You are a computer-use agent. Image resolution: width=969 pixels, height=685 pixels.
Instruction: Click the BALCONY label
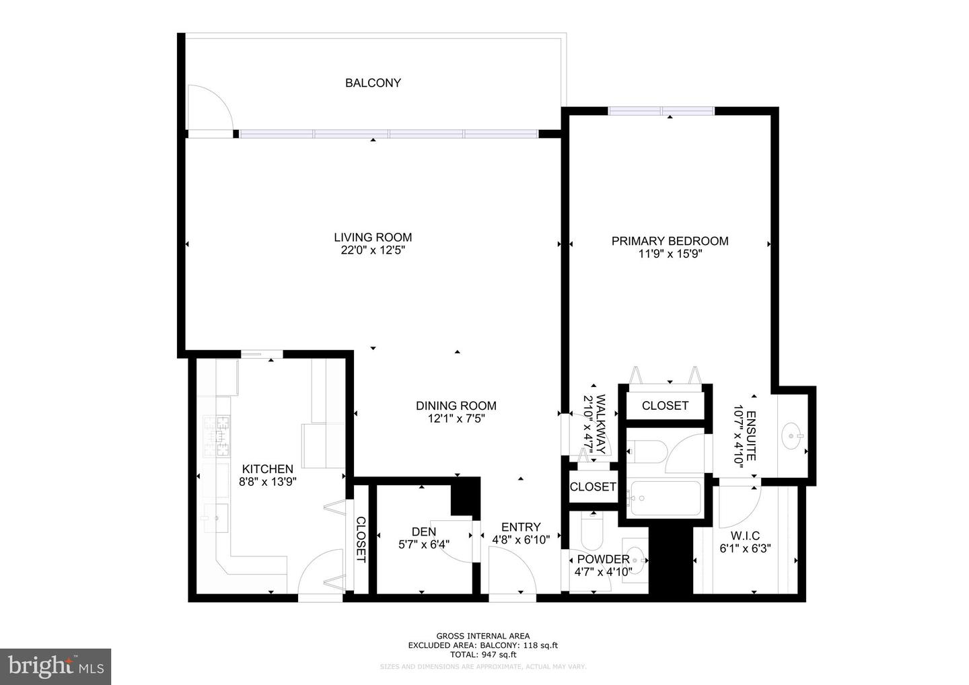tap(373, 83)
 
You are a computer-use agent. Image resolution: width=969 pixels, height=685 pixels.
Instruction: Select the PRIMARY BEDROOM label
tap(670, 241)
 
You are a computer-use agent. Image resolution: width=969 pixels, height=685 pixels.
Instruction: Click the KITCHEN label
tap(267, 469)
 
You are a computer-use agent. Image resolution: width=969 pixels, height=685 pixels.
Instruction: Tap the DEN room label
tap(424, 532)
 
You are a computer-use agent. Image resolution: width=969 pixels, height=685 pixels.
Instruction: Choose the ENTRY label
tap(521, 527)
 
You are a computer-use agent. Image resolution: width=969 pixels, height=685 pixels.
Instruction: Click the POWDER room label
tap(602, 559)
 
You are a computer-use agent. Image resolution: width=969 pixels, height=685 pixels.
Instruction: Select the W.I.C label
tap(745, 536)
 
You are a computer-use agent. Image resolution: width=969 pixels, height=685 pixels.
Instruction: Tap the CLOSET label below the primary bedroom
tap(665, 406)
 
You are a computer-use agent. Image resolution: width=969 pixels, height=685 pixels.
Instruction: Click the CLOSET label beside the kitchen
tap(361, 540)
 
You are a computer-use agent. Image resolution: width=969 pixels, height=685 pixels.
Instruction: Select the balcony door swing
tap(209, 108)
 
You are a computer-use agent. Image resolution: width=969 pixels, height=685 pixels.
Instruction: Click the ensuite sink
tap(791, 436)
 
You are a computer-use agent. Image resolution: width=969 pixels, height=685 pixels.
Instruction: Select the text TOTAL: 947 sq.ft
tap(482, 654)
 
